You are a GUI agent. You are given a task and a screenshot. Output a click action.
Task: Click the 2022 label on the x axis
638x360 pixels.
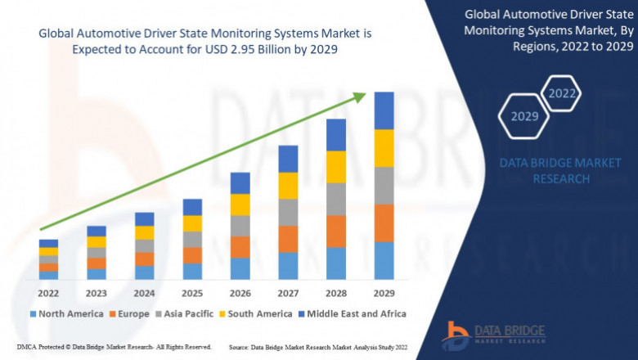click(x=48, y=293)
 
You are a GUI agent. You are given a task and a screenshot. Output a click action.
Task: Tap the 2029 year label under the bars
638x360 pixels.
click(x=384, y=293)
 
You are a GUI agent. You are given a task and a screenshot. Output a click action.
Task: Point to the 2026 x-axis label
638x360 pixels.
click(x=240, y=293)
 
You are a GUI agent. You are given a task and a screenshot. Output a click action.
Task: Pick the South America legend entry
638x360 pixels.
click(x=254, y=313)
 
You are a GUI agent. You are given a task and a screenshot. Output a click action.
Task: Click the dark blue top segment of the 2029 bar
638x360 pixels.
click(x=384, y=110)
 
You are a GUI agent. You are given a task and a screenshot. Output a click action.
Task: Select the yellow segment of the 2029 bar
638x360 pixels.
click(x=384, y=148)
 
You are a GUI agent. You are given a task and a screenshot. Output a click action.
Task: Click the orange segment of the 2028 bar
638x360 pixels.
click(x=336, y=232)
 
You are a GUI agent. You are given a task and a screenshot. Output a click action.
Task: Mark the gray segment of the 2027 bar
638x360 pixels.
click(x=288, y=213)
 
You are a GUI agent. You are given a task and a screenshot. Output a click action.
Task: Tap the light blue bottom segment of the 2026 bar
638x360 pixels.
click(x=240, y=269)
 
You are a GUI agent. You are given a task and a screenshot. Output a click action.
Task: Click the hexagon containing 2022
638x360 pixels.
click(x=562, y=93)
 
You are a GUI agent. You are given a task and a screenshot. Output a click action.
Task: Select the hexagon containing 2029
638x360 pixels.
click(x=524, y=116)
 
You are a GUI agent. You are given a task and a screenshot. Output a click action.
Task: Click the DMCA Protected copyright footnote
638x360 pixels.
click(x=114, y=347)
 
